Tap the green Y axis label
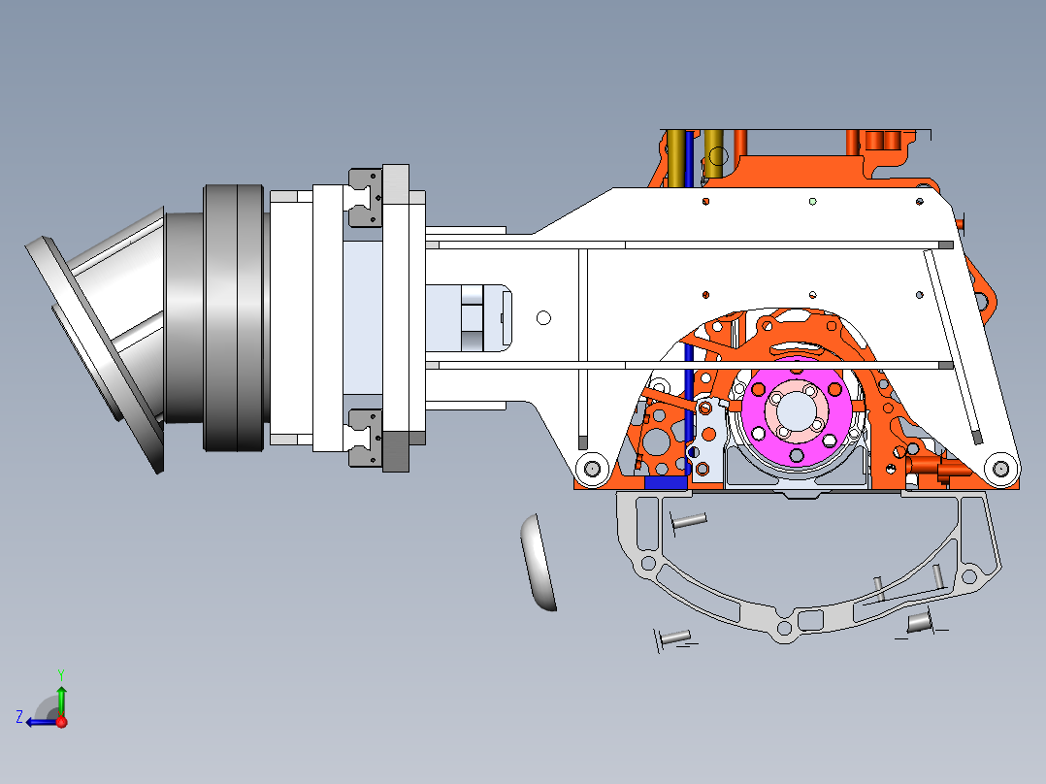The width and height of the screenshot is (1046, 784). [x=61, y=674]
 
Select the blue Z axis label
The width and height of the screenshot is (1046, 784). [x=19, y=717]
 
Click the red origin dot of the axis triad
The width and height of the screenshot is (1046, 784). [x=61, y=722]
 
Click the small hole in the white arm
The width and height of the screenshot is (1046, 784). [x=543, y=317]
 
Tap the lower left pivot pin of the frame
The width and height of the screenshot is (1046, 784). [x=592, y=469]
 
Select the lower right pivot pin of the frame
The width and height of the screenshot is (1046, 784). [x=1000, y=469]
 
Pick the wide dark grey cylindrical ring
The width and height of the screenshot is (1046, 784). [x=234, y=317]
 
